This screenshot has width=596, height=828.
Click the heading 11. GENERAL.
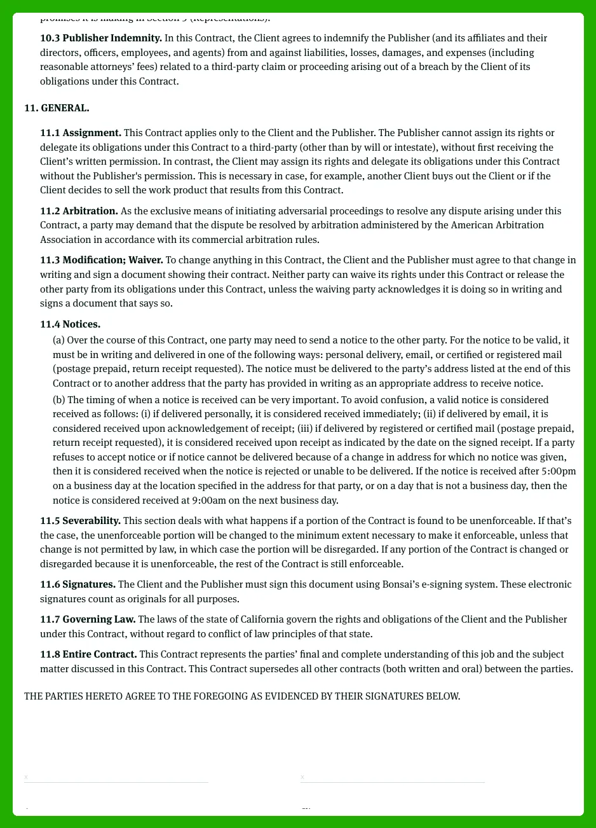click(57, 108)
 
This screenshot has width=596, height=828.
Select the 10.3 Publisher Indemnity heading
click(101, 38)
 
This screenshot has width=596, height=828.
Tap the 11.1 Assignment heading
click(81, 133)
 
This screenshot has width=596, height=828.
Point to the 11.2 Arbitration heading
click(79, 211)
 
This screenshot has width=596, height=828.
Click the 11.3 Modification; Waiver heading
click(102, 260)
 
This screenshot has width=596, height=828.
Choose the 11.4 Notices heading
click(70, 324)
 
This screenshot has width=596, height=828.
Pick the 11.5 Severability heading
click(80, 521)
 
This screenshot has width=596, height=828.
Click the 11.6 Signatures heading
click(78, 584)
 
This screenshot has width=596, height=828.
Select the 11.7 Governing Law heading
click(88, 619)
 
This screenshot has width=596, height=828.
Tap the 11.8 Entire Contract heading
click(88, 654)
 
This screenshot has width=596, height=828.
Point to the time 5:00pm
click(559, 471)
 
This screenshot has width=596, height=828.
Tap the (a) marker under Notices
click(58, 340)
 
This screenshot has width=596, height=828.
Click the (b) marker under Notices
click(59, 400)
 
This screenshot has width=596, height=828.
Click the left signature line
click(116, 782)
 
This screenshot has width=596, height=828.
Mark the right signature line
click(392, 782)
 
